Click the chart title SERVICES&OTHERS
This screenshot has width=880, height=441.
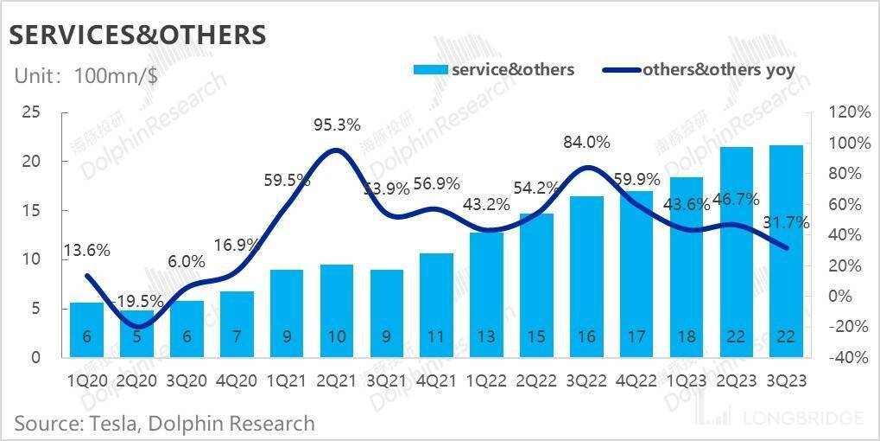[x=136, y=34]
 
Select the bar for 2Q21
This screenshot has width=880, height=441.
[x=336, y=311]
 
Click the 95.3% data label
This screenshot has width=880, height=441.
[x=336, y=125]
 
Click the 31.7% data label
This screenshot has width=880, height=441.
[x=786, y=222]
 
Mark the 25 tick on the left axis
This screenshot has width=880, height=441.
[x=31, y=112]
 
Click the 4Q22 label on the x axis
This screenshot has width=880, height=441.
[x=636, y=381]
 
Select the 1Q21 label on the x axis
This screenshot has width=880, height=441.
[x=286, y=381]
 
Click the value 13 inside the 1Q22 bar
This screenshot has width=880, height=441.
[x=486, y=336]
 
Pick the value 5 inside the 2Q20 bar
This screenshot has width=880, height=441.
[x=136, y=336]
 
